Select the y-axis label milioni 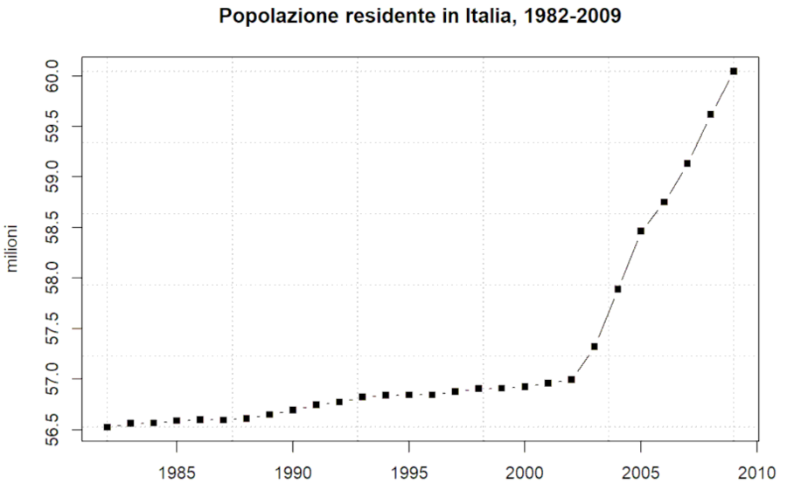click(x=15, y=252)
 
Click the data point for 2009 click(x=734, y=71)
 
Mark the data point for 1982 click(x=107, y=427)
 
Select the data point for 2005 click(x=641, y=231)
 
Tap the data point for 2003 click(x=595, y=346)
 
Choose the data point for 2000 click(x=525, y=386)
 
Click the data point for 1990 click(x=293, y=410)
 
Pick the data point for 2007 click(x=687, y=163)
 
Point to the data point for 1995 click(x=408, y=395)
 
